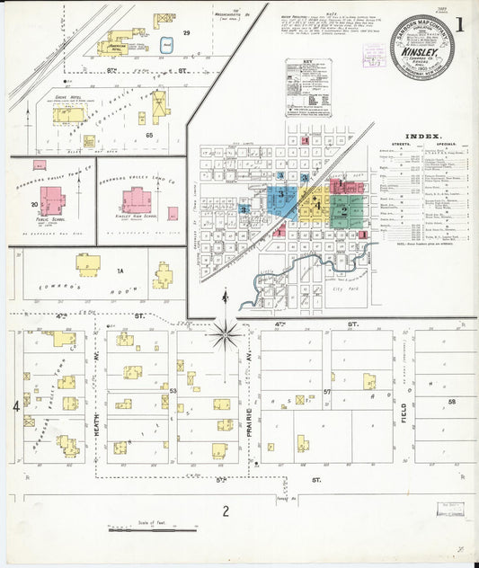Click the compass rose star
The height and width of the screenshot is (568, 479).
[x=225, y=334]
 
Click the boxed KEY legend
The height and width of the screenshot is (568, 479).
[x=308, y=88]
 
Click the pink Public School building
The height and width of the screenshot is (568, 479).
[x=51, y=200]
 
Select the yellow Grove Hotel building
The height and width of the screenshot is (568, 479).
[x=68, y=114]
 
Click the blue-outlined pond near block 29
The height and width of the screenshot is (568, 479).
[x=165, y=42]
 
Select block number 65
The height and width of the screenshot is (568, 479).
[x=149, y=135]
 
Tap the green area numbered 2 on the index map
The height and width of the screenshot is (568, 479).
[x=343, y=211]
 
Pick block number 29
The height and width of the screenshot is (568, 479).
[x=186, y=33]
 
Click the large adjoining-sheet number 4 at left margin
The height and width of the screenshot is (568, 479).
[x=15, y=406]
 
